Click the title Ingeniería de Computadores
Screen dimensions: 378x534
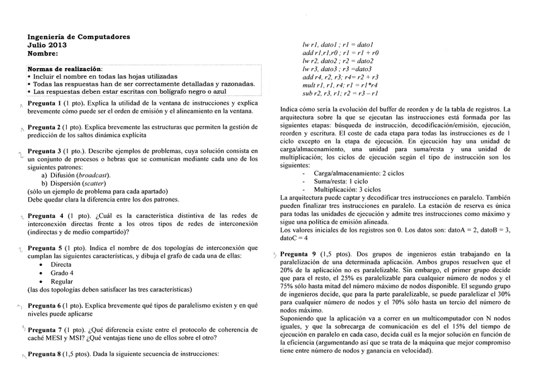click(x=79, y=37)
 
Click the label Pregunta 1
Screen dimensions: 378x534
click(x=44, y=102)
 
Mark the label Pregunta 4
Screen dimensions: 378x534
click(x=45, y=215)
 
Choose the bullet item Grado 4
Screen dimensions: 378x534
click(x=62, y=273)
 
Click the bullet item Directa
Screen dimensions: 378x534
click(x=62, y=265)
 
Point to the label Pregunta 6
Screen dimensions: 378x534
click(x=45, y=305)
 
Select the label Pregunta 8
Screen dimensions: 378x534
click(x=45, y=354)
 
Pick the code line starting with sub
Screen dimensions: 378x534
click(x=340, y=93)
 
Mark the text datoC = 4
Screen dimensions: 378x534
click(x=296, y=239)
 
